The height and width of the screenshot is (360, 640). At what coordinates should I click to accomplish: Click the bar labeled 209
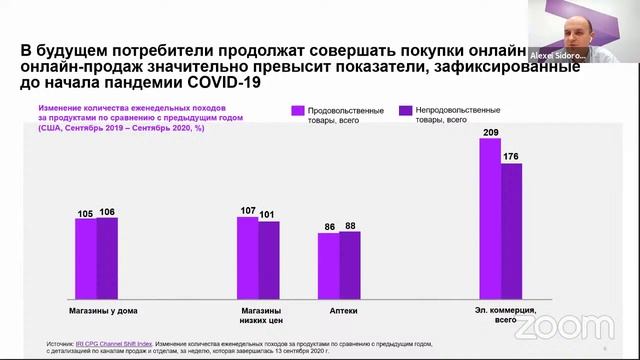(490, 220)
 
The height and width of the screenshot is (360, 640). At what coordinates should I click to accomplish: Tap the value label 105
(85, 212)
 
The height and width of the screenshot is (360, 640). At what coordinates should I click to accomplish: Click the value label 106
(108, 212)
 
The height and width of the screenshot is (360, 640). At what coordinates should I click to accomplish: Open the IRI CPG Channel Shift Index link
(116, 341)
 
